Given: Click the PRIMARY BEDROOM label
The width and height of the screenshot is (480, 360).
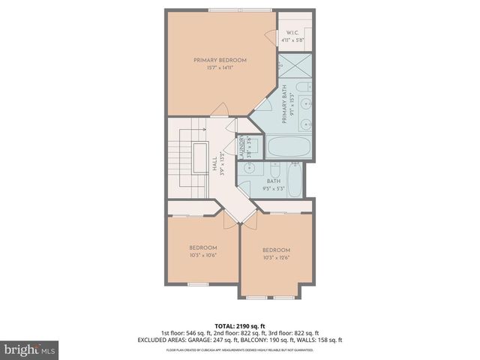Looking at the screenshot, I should [220, 60].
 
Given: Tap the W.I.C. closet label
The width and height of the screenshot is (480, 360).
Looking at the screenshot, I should [292, 32].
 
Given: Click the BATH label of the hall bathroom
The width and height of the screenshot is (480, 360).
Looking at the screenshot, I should [274, 180].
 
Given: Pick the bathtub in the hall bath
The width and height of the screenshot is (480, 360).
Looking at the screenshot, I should [295, 184].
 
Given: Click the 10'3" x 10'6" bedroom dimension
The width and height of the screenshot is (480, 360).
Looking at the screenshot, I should [202, 255].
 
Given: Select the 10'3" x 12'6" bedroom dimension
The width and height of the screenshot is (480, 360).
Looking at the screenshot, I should [276, 257].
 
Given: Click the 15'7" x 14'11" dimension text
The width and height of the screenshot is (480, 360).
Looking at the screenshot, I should [220, 68].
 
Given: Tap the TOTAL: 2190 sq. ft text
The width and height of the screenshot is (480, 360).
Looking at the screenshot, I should [240, 324].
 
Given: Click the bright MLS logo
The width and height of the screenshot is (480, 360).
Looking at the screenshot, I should [30, 349].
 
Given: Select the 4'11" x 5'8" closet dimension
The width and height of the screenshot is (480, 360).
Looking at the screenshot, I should [292, 40].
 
